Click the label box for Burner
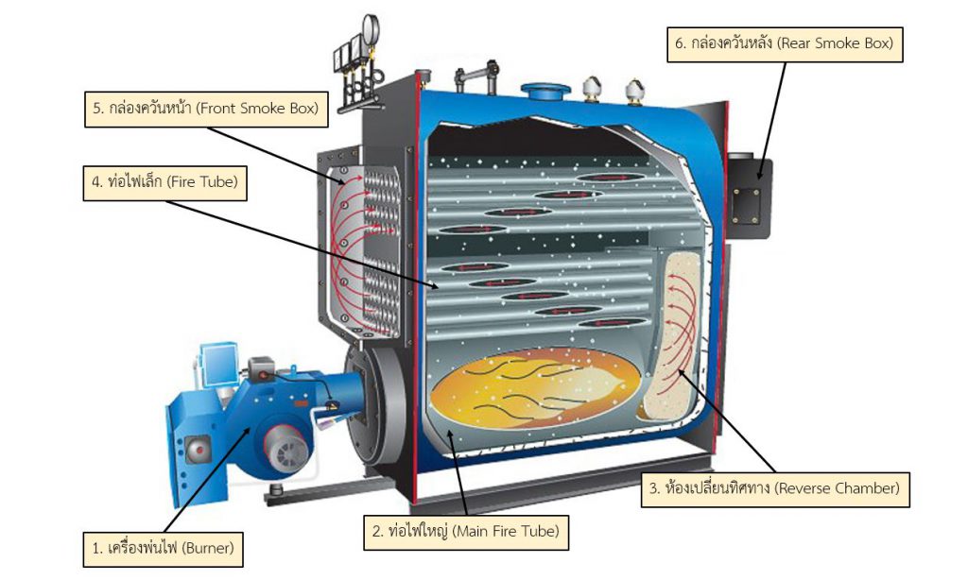point(162,547)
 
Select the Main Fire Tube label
point(466,531)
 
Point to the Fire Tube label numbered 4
point(164,181)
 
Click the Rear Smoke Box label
point(784,43)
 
